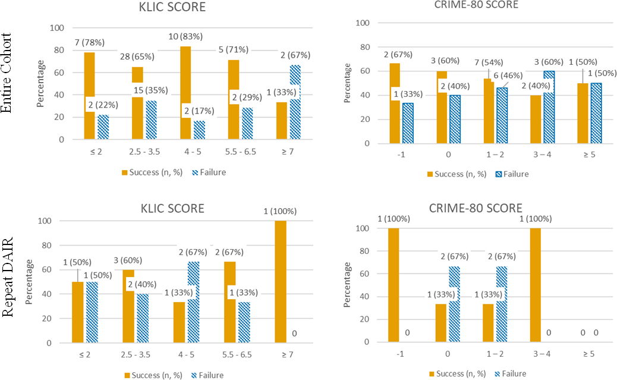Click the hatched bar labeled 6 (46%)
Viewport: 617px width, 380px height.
pyautogui.click(x=502, y=115)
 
